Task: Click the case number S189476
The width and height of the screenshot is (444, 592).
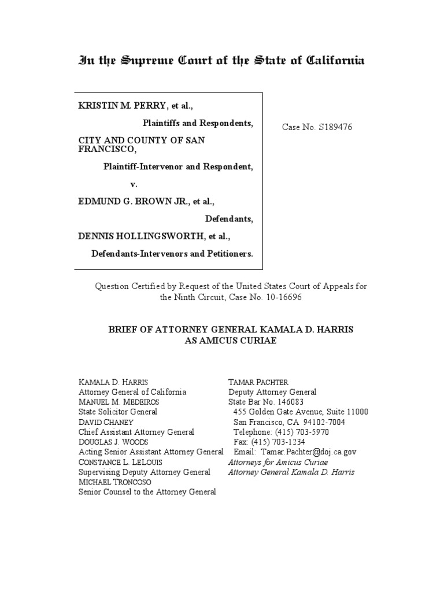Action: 334,127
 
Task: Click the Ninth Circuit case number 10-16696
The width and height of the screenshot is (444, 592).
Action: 282,297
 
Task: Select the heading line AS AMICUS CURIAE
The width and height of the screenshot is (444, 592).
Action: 231,341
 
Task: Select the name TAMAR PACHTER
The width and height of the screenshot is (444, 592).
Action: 258,382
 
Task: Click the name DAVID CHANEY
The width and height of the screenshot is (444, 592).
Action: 106,422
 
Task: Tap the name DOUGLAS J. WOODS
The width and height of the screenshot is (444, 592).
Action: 113,442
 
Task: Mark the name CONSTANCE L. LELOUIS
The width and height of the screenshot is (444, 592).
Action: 121,462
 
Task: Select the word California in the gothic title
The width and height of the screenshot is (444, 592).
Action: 335,61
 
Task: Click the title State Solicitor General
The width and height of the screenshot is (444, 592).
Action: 118,412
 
